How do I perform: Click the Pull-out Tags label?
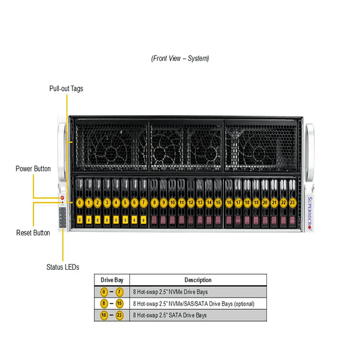click(66, 89)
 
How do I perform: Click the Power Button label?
click(33, 169)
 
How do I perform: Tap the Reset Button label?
click(33, 233)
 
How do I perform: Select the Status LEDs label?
click(63, 267)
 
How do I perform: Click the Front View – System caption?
click(180, 58)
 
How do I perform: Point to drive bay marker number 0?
click(80, 202)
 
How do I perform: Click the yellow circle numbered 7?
click(143, 202)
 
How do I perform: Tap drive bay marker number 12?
click(191, 202)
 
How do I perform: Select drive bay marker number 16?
click(229, 202)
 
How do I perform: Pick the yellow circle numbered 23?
click(292, 202)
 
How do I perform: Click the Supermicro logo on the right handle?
click(310, 207)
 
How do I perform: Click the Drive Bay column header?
click(111, 280)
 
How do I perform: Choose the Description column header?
click(197, 280)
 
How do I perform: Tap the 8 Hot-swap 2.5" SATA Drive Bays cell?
click(170, 316)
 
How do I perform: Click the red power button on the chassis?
click(61, 198)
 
